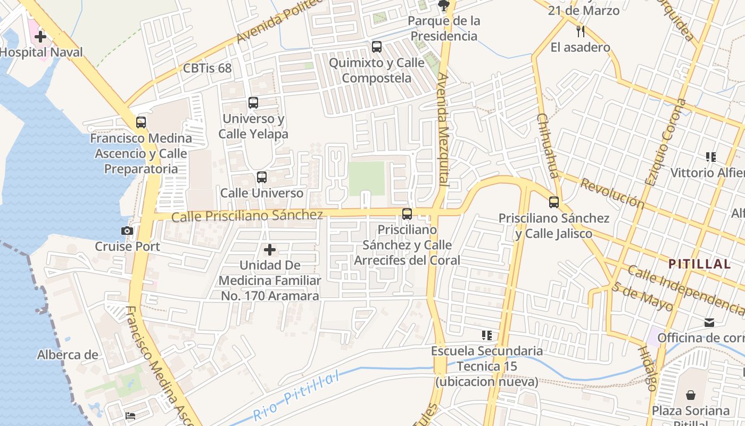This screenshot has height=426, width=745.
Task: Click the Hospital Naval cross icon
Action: [40, 37]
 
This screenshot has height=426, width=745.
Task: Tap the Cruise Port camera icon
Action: [127, 231]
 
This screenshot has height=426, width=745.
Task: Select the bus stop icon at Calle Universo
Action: [261, 177]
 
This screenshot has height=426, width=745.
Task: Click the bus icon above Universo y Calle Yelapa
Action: [253, 103]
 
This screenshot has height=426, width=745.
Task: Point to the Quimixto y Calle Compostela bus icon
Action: [377, 47]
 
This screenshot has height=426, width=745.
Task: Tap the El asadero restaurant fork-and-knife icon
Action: [581, 31]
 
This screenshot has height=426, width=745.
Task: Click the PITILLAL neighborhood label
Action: [699, 264]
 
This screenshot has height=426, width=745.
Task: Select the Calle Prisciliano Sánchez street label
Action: [247, 216]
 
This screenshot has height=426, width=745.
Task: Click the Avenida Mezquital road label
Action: [443, 129]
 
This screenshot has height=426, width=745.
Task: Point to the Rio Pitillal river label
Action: [296, 396]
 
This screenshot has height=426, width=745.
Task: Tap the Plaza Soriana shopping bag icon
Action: [690, 395]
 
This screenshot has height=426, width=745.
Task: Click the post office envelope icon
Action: [709, 323]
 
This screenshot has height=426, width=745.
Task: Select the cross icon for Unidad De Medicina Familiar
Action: [270, 249]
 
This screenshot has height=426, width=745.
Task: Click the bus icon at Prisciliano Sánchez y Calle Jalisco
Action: [554, 202]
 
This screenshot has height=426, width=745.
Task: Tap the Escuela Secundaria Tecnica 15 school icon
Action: [486, 335]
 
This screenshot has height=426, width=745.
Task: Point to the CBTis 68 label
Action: [207, 68]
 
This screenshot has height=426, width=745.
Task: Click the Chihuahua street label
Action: [548, 145]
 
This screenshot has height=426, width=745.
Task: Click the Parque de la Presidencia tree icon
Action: [443, 5]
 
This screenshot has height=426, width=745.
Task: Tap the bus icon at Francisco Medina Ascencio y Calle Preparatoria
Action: [141, 122]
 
